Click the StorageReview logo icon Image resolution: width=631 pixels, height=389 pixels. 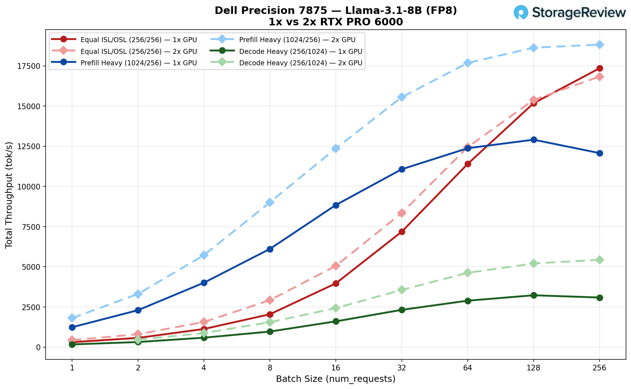[x=521, y=12]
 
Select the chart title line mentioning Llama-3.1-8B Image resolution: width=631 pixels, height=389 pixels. [x=335, y=11]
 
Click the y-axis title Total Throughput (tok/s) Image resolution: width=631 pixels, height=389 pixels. [x=9, y=195]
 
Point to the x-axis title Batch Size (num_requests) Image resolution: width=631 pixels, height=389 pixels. [x=335, y=379]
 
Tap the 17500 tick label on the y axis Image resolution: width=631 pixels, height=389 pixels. [x=30, y=66]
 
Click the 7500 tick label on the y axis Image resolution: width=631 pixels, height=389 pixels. [x=32, y=227]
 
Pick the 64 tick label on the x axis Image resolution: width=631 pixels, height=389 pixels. [x=468, y=368]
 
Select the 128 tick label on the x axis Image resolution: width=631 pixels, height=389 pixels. [x=534, y=368]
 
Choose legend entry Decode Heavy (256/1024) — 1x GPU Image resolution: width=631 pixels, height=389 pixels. [x=301, y=51]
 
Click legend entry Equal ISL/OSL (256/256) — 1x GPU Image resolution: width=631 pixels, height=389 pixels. [x=139, y=39]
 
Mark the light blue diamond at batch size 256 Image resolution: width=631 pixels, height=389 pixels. [x=600, y=45]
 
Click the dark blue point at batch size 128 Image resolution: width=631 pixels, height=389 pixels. [x=534, y=140]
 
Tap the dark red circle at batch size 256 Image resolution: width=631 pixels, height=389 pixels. [x=600, y=68]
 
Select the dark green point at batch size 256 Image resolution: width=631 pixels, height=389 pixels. [x=600, y=298]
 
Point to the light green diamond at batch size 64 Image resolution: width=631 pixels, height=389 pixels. [x=468, y=273]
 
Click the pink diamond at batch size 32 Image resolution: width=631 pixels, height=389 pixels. [x=402, y=213]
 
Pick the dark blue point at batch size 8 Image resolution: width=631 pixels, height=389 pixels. [x=270, y=249]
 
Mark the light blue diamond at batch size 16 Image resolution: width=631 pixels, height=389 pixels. [x=336, y=148]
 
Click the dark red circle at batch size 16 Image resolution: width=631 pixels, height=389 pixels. [x=336, y=284]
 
